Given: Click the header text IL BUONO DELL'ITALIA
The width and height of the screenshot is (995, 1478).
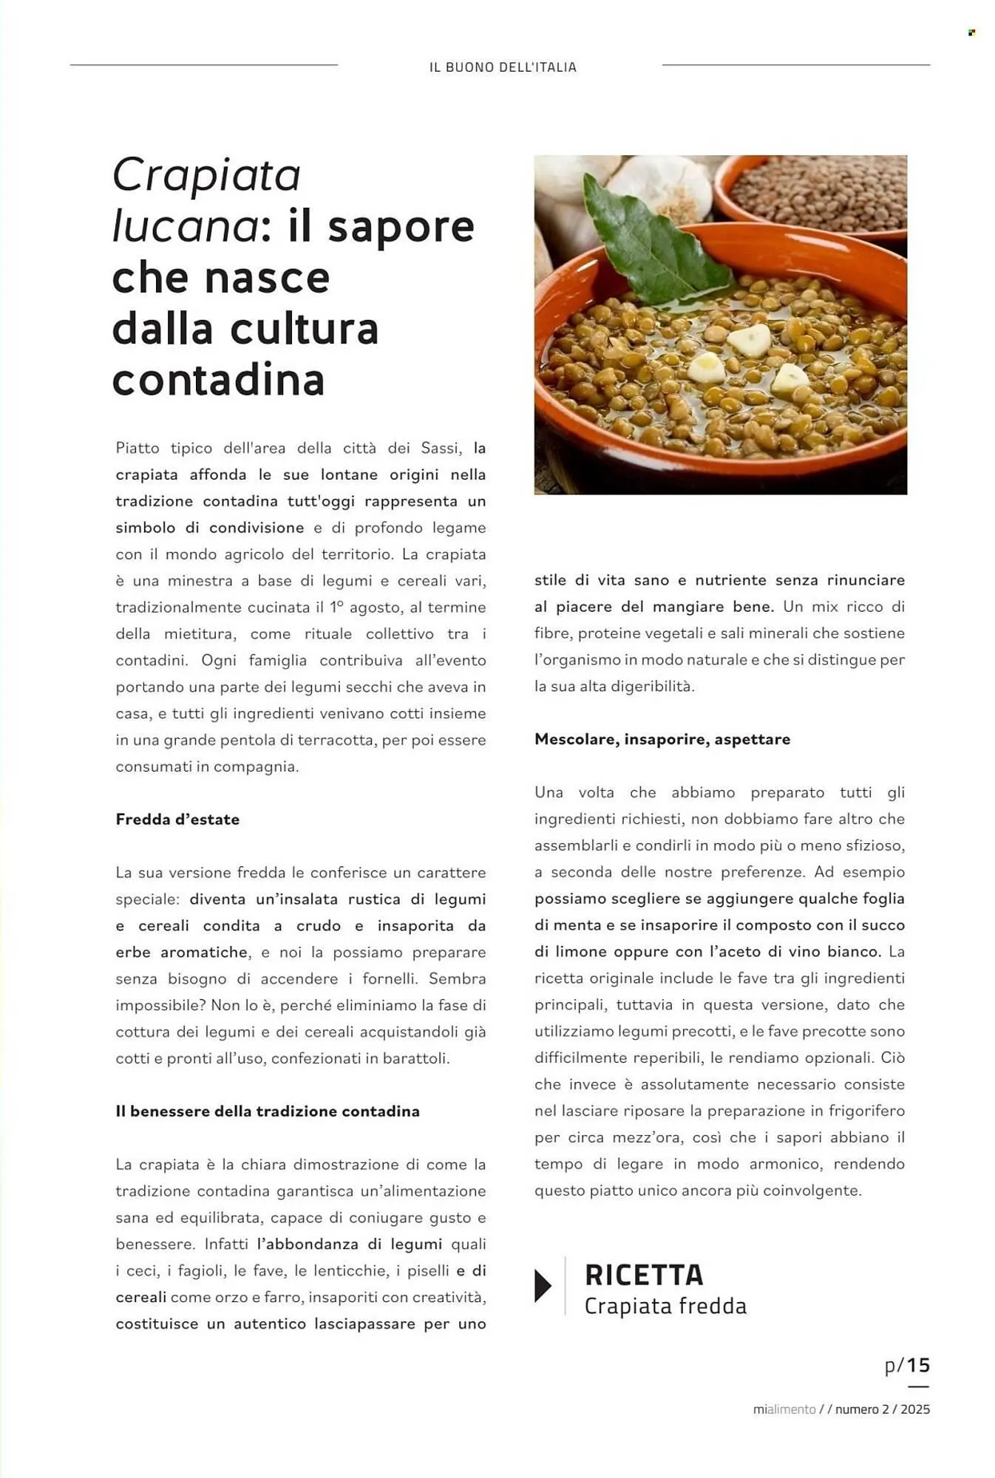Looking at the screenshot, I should (x=503, y=67).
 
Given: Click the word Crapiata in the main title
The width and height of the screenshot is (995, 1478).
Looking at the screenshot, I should (x=206, y=175).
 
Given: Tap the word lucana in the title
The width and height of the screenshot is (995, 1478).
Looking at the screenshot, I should (x=185, y=226).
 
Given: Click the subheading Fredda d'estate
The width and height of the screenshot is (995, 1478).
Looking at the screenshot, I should (x=177, y=820).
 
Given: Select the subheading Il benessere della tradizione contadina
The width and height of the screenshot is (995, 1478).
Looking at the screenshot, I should (x=268, y=1111).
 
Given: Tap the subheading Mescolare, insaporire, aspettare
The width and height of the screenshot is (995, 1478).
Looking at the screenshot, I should (x=662, y=739).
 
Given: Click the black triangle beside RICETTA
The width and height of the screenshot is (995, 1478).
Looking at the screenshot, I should (x=543, y=1286).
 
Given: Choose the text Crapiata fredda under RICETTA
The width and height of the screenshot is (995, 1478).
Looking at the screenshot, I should (x=665, y=1307).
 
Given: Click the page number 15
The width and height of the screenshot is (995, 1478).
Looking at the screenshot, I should (x=918, y=1365).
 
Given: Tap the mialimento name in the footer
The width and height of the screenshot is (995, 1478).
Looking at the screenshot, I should (x=784, y=1409).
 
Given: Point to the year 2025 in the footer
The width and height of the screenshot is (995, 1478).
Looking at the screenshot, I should (x=915, y=1409).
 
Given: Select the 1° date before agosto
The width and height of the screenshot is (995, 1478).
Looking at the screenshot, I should (x=336, y=607).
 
